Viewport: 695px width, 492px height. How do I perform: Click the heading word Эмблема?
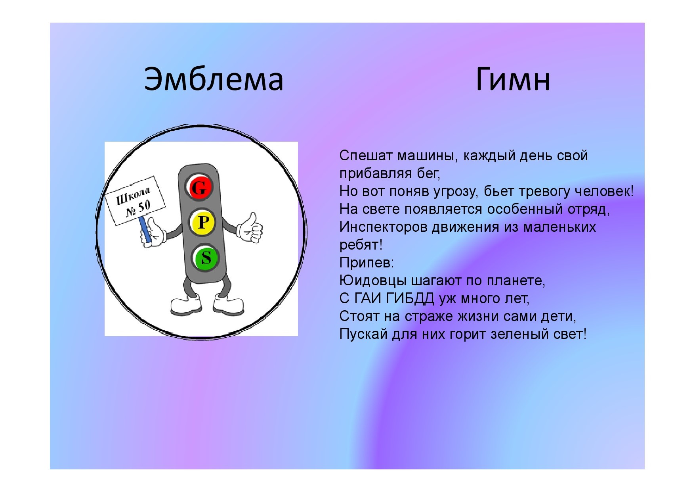[214, 79]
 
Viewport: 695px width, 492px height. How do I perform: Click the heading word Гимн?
[513, 79]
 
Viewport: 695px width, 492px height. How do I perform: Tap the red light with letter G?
[200, 187]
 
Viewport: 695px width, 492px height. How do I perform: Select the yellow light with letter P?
[202, 222]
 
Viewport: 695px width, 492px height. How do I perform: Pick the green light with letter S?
[206, 258]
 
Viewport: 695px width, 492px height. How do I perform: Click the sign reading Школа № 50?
[135, 201]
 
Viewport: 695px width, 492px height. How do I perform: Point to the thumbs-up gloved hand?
[250, 228]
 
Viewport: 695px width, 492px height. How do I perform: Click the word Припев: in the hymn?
[367, 263]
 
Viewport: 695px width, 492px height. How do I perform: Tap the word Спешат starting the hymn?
[366, 156]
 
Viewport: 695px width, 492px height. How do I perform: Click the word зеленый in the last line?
[516, 334]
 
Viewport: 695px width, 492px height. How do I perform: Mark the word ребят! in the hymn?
[361, 245]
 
